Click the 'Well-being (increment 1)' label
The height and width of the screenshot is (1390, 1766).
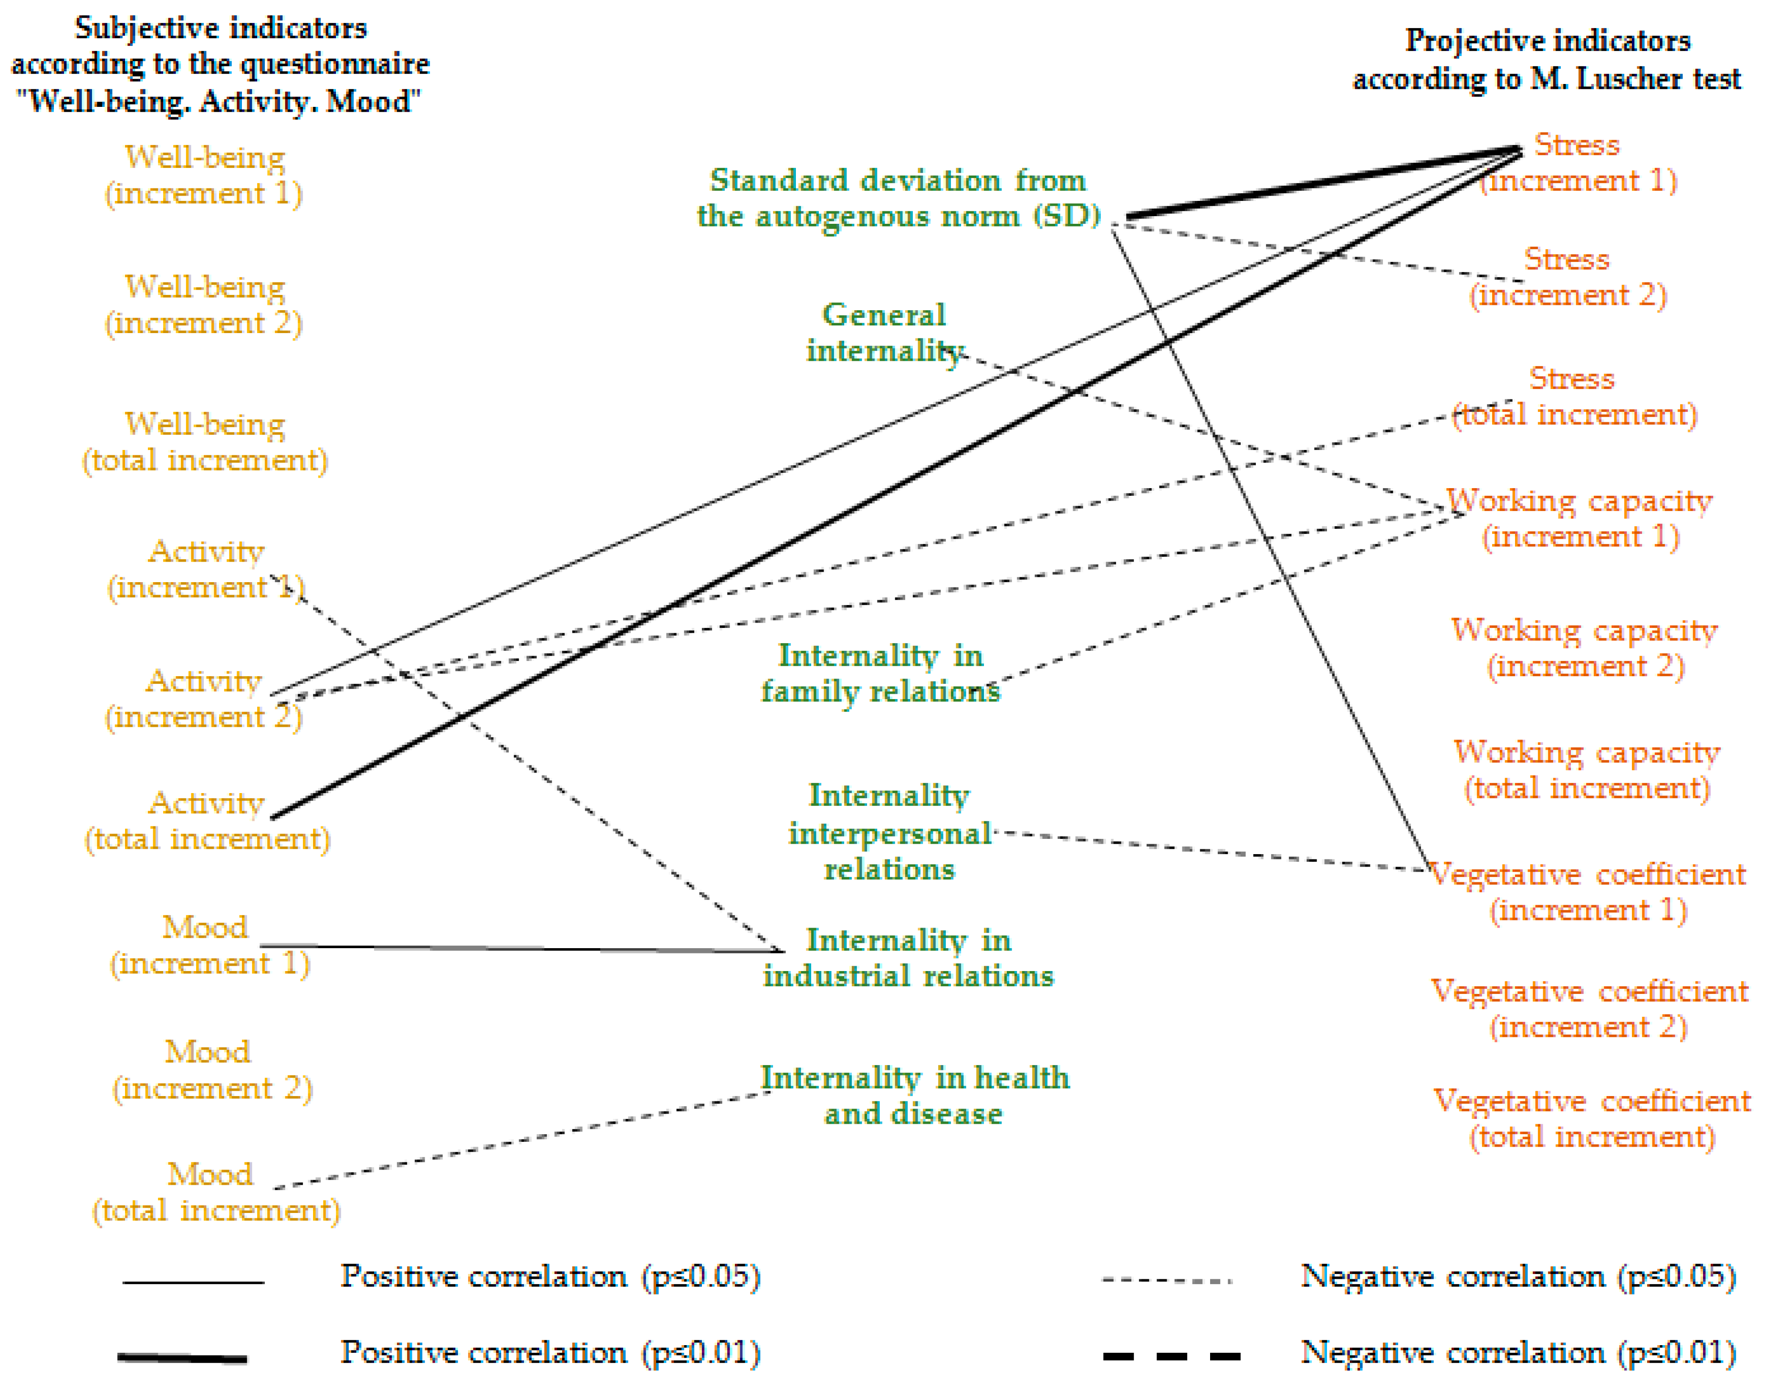tap(204, 175)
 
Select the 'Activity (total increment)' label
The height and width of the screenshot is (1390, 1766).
tap(208, 820)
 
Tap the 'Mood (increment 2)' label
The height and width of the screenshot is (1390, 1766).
tap(211, 1069)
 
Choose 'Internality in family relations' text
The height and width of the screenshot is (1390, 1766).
tap(880, 673)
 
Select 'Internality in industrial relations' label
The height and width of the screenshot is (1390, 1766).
tap(908, 957)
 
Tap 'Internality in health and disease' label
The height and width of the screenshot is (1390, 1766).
tap(915, 1096)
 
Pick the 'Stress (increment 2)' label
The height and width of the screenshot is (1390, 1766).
tap(1567, 277)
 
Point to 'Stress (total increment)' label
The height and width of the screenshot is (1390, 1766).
tap(1574, 397)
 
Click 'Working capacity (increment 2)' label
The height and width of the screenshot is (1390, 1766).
tap(1585, 648)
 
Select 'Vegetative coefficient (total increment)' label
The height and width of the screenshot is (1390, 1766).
tap(1592, 1118)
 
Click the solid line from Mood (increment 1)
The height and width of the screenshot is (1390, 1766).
tap(521, 948)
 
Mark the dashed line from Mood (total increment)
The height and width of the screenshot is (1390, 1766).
tap(521, 1140)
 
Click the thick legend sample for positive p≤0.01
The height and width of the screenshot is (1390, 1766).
tap(182, 1357)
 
